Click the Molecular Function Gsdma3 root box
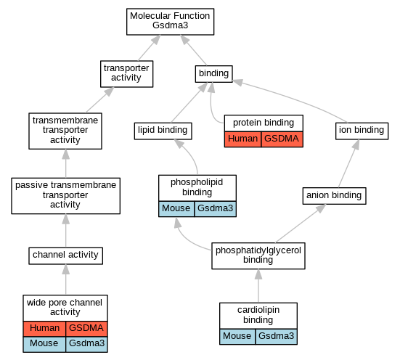[x=170, y=22]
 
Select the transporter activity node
[x=126, y=74]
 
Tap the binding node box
[x=213, y=74]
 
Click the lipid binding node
[x=163, y=131]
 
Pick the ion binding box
[x=362, y=131]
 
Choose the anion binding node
[x=334, y=196]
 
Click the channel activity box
[x=65, y=255]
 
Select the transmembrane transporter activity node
[x=65, y=131]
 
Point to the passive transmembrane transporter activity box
[x=65, y=196]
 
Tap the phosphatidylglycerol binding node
[x=258, y=255]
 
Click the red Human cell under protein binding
[x=243, y=139]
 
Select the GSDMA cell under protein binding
[x=282, y=139]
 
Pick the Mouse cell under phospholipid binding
[x=176, y=209]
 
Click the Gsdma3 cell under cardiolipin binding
[x=277, y=337]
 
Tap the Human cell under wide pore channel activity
[x=44, y=329]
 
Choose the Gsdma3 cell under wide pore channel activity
[x=86, y=345]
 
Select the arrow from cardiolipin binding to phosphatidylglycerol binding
[x=258, y=286]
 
